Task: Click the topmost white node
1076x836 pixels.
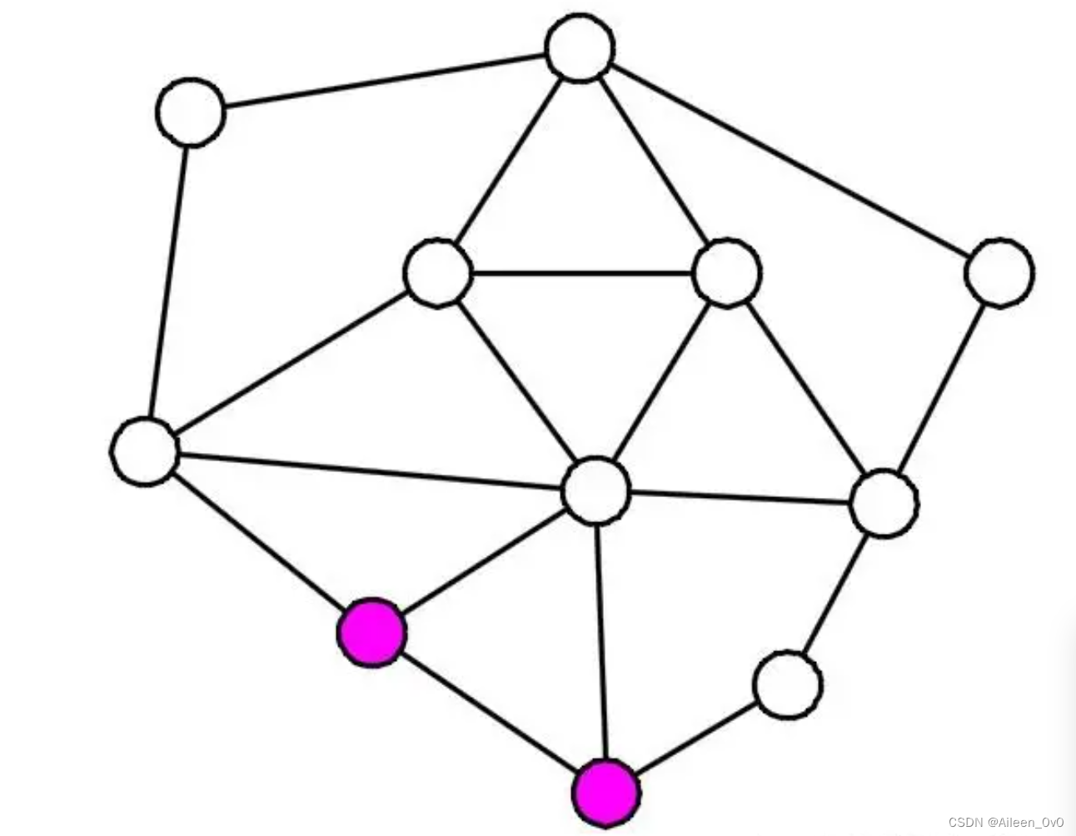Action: pyautogui.click(x=580, y=49)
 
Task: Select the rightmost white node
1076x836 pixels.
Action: pyautogui.click(x=999, y=272)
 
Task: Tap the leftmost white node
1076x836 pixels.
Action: pyautogui.click(x=145, y=450)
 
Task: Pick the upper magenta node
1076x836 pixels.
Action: pyautogui.click(x=371, y=632)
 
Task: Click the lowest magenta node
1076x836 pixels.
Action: pyautogui.click(x=606, y=792)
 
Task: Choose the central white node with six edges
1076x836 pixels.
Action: pyautogui.click(x=596, y=490)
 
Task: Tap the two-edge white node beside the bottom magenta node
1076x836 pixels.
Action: pyautogui.click(x=787, y=684)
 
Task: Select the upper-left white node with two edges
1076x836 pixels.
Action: pyautogui.click(x=191, y=112)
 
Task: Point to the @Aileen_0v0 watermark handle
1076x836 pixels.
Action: pyautogui.click(x=1025, y=823)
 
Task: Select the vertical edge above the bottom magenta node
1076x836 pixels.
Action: pyautogui.click(x=601, y=641)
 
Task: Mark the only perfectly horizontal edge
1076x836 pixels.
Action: pyautogui.click(x=582, y=272)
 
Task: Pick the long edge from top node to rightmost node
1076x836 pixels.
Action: pyautogui.click(x=790, y=161)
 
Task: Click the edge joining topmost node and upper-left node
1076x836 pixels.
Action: pyautogui.click(x=385, y=81)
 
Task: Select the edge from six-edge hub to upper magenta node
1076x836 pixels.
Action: pyautogui.click(x=484, y=561)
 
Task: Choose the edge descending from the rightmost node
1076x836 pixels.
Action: pyautogui.click(x=942, y=387)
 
